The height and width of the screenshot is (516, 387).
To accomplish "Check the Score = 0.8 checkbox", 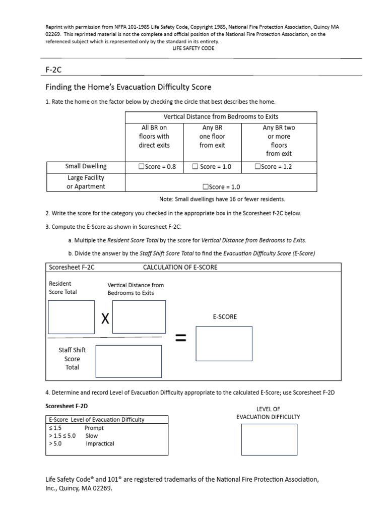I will click(142, 167).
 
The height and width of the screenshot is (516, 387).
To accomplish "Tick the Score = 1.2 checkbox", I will click(258, 167).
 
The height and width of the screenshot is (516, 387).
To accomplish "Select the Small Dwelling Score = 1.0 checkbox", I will click(195, 167).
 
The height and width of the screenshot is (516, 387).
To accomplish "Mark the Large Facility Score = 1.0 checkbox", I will click(205, 186).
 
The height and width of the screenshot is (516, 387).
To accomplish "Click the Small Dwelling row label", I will click(86, 166).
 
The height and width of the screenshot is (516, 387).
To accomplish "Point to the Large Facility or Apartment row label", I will click(86, 182).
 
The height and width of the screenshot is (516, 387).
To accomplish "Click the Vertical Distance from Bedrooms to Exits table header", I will click(221, 116).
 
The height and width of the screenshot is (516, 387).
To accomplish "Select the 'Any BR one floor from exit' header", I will click(212, 137).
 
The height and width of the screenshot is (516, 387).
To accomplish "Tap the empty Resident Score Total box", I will click(71, 317).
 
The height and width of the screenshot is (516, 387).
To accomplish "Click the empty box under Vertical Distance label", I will click(139, 317).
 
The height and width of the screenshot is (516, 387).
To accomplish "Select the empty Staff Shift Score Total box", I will click(128, 361).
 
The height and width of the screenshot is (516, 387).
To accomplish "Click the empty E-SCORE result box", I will click(224, 344).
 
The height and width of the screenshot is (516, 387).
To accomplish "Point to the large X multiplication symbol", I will click(105, 318).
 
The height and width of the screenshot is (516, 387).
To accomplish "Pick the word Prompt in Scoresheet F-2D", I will click(94, 428).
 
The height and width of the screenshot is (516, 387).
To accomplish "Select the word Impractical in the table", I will click(100, 444).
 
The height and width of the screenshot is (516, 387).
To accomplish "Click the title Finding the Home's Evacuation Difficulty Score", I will click(128, 87).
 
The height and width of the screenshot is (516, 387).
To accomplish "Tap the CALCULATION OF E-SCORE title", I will click(180, 267).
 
